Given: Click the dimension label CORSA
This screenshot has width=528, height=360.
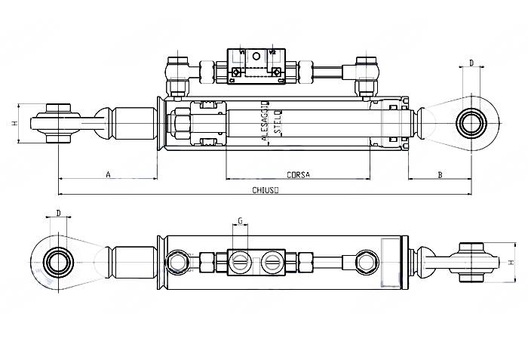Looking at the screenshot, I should [299, 175].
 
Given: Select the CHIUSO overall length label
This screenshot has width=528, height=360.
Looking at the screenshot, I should [265, 191].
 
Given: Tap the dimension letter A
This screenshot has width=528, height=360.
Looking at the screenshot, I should [108, 175].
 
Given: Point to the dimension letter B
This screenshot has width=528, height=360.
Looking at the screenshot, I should [440, 175].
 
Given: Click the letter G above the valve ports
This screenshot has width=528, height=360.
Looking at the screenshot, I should [240, 221].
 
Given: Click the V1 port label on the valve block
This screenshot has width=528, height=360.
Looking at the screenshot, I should [243, 52].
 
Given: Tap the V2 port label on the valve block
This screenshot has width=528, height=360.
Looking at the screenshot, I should [272, 52].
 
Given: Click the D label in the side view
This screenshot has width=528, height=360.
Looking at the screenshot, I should [471, 63].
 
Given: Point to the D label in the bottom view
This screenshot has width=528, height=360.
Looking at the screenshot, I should [58, 213].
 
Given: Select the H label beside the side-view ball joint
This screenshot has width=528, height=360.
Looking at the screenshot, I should [14, 123].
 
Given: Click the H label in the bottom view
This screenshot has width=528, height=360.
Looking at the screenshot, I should [511, 262].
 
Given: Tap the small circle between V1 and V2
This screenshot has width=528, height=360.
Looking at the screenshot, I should [256, 55].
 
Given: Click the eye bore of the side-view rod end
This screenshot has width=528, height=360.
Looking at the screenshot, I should [472, 122].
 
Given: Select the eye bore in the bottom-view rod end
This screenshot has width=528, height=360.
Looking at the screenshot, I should [57, 262].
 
